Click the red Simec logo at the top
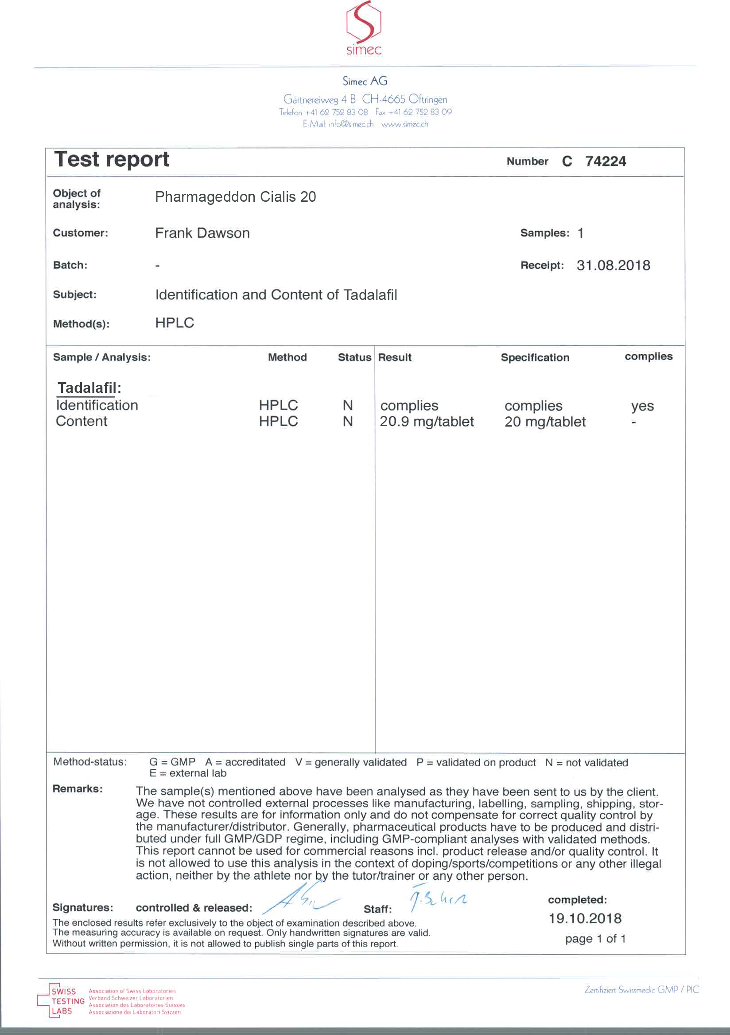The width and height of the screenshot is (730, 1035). (x=363, y=28)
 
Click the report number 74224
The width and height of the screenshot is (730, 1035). (x=605, y=161)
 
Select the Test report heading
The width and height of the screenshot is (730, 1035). (x=111, y=159)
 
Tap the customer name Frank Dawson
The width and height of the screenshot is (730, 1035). (x=202, y=233)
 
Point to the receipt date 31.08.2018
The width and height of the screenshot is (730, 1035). (x=613, y=265)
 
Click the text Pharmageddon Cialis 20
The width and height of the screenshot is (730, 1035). (x=235, y=197)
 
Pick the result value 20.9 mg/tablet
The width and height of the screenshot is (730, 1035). (x=427, y=421)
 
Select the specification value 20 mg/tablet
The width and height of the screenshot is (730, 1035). (x=545, y=421)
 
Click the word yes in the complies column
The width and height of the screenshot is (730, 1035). (x=642, y=406)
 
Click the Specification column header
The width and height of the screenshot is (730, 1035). (x=535, y=357)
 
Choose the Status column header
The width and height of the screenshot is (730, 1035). (x=354, y=357)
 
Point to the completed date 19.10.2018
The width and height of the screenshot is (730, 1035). (x=585, y=918)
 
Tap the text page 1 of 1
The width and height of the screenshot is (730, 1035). (x=595, y=938)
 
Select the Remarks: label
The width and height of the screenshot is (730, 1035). (x=78, y=788)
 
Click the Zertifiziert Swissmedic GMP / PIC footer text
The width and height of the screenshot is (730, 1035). (x=641, y=989)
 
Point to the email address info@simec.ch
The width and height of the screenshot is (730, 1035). (x=351, y=125)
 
